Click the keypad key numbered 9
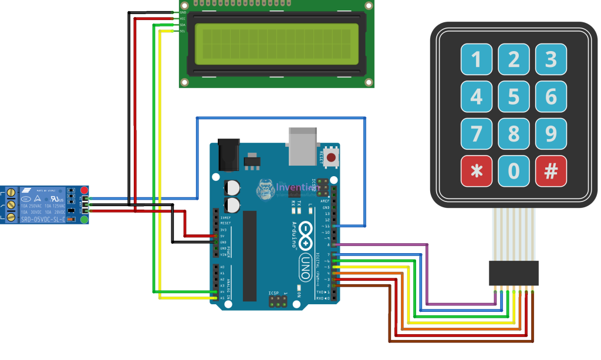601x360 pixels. tap(551, 134)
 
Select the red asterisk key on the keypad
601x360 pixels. tap(477, 171)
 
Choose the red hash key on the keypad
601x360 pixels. tap(551, 171)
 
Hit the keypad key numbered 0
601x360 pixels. tap(514, 171)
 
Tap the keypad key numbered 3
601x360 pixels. tap(551, 59)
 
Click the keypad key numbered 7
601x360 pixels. tap(477, 134)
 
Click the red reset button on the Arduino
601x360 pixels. tap(332, 157)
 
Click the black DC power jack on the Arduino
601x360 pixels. tap(228, 154)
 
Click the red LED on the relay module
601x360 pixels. tap(85, 190)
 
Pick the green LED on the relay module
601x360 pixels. tap(85, 220)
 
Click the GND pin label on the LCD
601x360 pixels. tap(183, 12)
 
